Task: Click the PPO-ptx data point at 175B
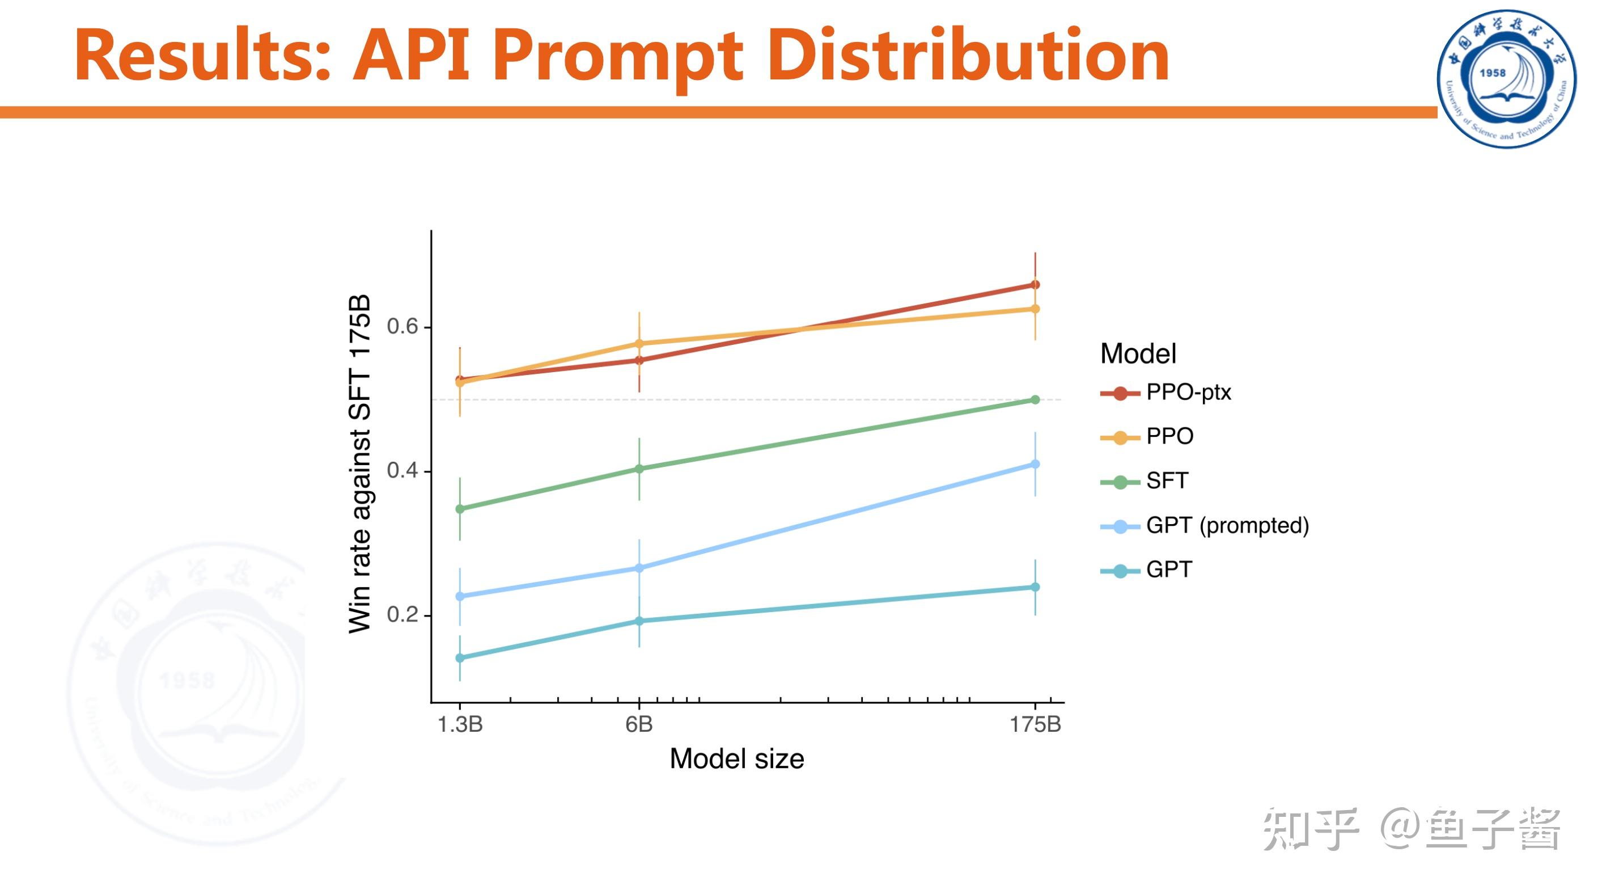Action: pos(1035,285)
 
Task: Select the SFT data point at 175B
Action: pos(1035,400)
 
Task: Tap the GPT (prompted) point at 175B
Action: pos(1035,464)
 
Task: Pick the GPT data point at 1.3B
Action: pos(460,657)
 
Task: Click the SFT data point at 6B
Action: pos(639,469)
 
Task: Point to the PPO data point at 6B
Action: pos(639,343)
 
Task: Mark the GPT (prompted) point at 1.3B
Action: pos(460,596)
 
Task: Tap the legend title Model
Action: pos(1138,353)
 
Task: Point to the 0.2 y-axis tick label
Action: pos(402,615)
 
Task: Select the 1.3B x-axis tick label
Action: pos(460,724)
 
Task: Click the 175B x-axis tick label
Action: pos(1035,724)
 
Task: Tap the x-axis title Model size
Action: pos(736,759)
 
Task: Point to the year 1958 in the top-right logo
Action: pos(1492,73)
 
